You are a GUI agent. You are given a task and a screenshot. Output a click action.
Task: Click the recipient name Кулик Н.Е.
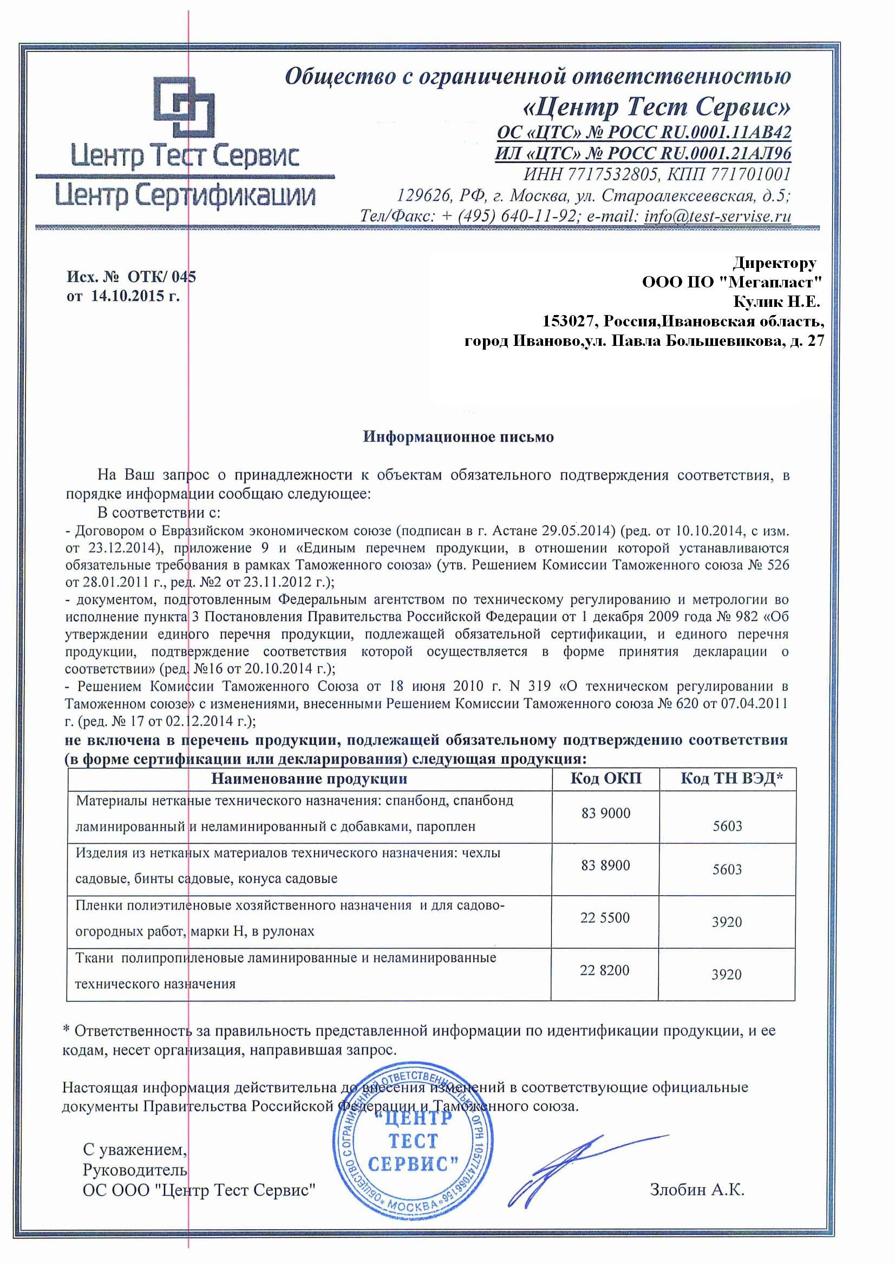776,302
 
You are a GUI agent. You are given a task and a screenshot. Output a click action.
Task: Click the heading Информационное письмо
458,437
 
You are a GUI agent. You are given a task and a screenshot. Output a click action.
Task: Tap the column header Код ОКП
606,778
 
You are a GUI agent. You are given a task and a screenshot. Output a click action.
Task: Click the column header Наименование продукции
309,778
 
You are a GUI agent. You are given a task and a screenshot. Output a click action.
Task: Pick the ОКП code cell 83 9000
606,813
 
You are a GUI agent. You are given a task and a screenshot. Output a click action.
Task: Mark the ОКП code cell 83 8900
605,866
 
